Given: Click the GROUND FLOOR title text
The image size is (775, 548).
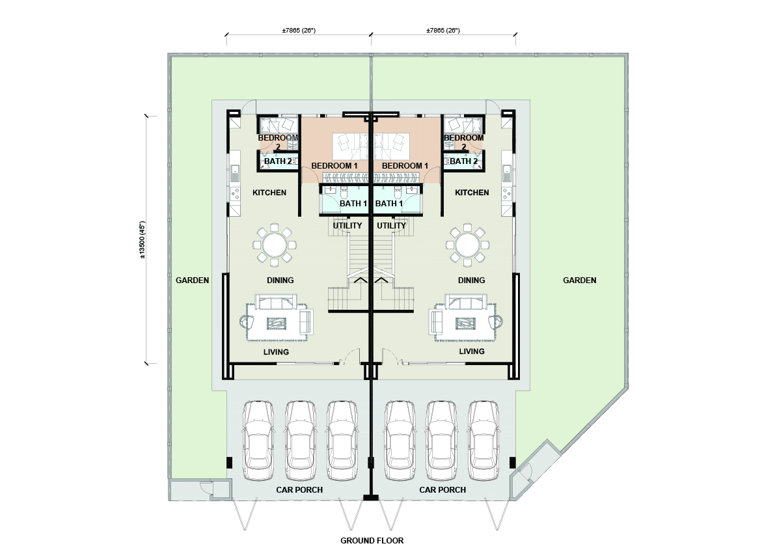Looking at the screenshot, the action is tap(372, 540).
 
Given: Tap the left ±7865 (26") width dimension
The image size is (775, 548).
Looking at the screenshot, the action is tap(299, 31).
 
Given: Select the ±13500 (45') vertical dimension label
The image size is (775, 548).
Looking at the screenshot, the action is tap(143, 240).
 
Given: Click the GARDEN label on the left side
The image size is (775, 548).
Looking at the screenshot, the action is tap(192, 280).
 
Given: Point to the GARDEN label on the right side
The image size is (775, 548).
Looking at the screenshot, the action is tap(579, 280).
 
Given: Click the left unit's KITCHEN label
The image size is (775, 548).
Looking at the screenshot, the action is tap(269, 193).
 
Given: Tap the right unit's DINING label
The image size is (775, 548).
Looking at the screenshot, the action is tap(471, 280).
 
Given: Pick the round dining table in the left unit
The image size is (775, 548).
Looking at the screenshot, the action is tap(275, 244).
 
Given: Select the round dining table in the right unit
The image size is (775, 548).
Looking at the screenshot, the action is tap(468, 244).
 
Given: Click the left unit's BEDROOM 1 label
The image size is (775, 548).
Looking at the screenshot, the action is tap(334, 166).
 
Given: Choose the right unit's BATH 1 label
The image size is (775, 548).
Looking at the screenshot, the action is tap(389, 204).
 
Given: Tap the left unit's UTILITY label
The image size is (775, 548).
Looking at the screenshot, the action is tap(347, 226).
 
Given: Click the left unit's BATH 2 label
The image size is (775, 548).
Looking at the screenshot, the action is tap(278, 161).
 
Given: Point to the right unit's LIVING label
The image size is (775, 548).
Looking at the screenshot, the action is tap(472, 351).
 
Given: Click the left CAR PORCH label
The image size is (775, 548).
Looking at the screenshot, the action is tap(299, 489).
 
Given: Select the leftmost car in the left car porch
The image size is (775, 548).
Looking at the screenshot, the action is tap(258, 440).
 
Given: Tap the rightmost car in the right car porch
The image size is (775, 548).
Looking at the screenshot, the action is tap(484, 440).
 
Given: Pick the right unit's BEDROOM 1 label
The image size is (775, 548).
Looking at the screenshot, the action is tap(405, 166).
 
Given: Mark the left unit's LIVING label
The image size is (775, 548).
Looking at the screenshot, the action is tap(276, 352).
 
